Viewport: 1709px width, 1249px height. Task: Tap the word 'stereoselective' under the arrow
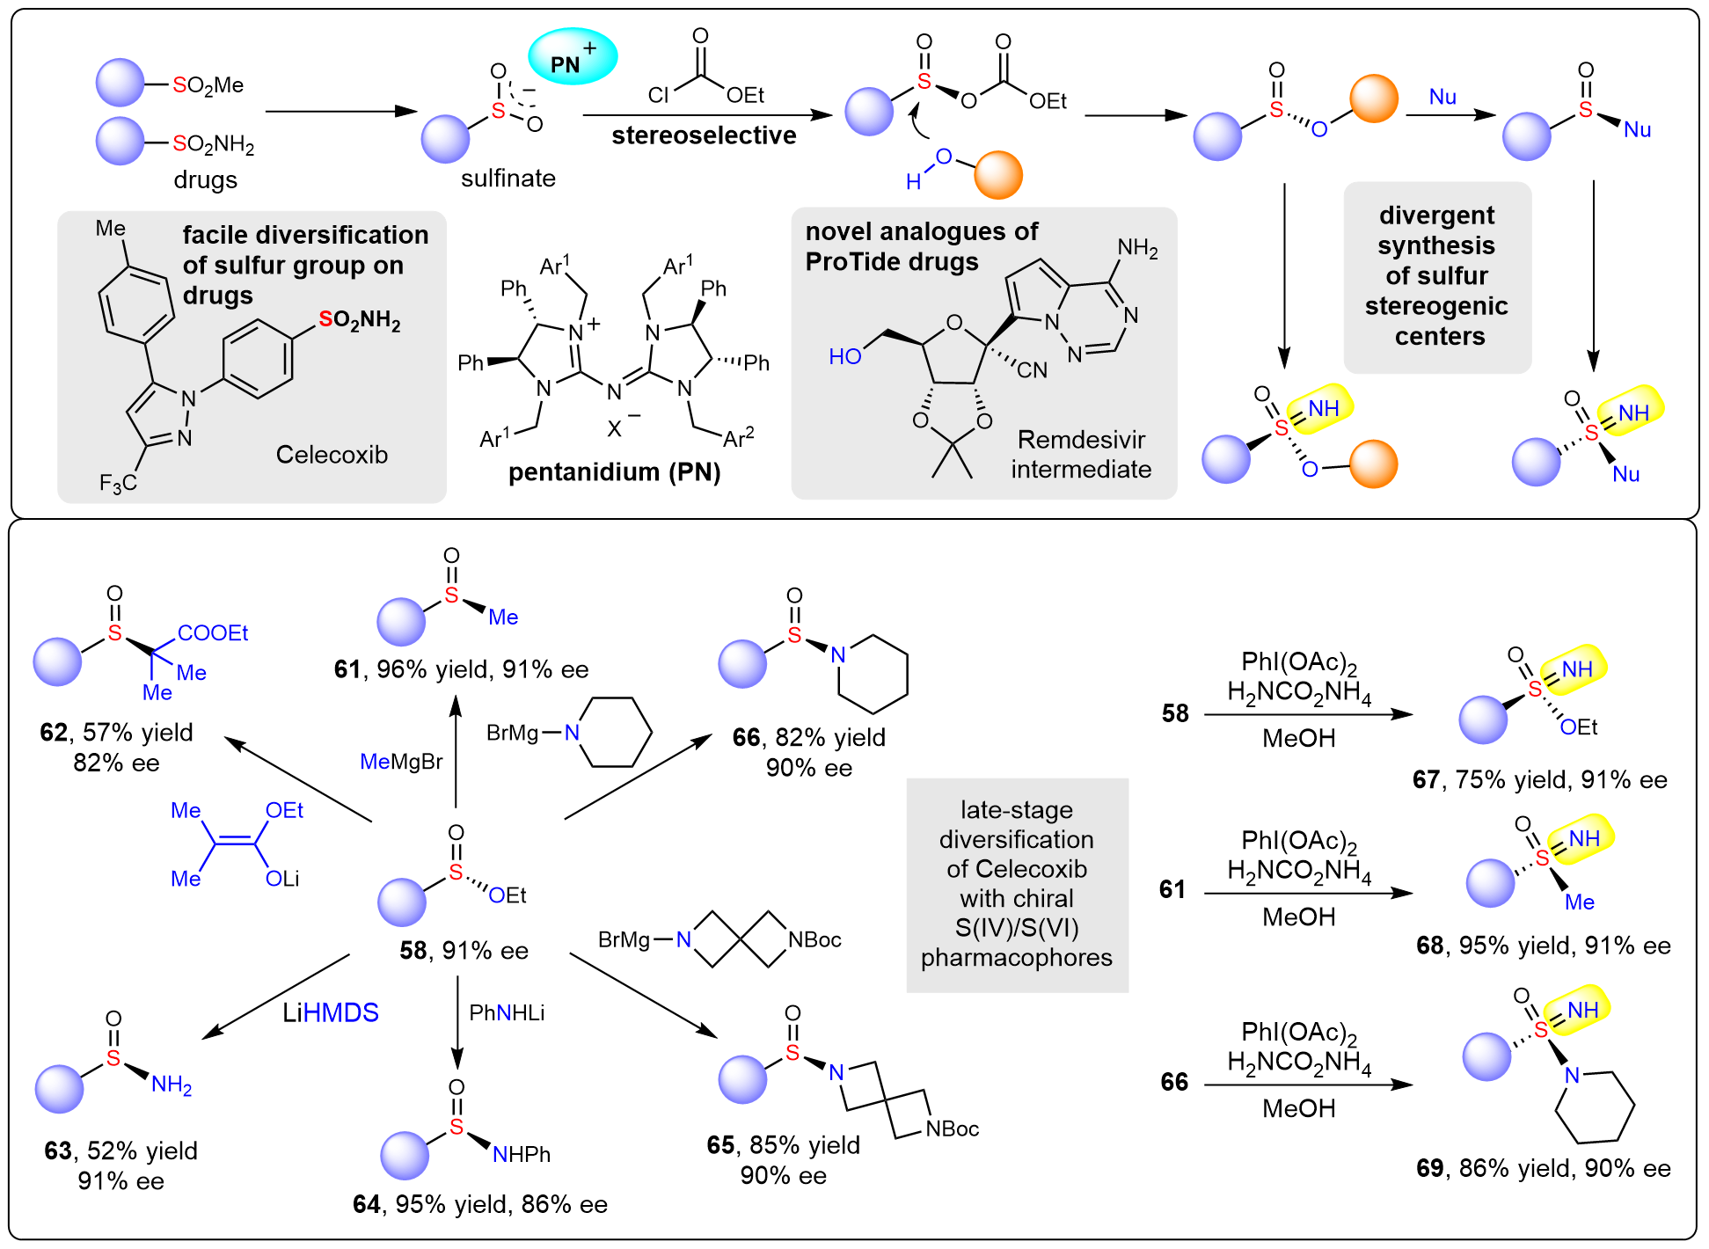point(704,135)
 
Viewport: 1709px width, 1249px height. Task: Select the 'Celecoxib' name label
point(332,455)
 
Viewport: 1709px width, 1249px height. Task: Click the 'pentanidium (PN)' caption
point(614,473)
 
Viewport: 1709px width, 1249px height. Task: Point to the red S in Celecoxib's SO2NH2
point(325,319)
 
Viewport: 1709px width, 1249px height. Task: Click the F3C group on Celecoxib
point(118,483)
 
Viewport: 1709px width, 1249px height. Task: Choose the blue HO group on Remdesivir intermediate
point(845,356)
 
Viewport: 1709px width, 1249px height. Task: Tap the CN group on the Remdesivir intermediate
point(1032,370)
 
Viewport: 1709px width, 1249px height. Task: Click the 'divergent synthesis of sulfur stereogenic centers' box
point(1436,276)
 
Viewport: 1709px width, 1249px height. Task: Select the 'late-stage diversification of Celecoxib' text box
point(1017,884)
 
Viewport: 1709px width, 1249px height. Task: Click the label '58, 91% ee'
point(464,951)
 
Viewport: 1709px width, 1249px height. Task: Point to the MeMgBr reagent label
point(402,762)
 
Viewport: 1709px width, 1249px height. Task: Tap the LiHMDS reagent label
point(331,1013)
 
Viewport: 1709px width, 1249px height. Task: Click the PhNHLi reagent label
point(507,1013)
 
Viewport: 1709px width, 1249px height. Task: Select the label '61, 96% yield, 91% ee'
point(461,670)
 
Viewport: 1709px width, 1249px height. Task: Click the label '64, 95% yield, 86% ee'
point(480,1205)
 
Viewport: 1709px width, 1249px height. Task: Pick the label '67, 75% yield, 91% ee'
point(1540,780)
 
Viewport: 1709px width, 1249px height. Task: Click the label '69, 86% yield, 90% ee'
point(1544,1168)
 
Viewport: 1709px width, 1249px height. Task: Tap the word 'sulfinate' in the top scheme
point(508,179)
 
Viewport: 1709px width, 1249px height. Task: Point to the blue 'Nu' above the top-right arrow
point(1442,97)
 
